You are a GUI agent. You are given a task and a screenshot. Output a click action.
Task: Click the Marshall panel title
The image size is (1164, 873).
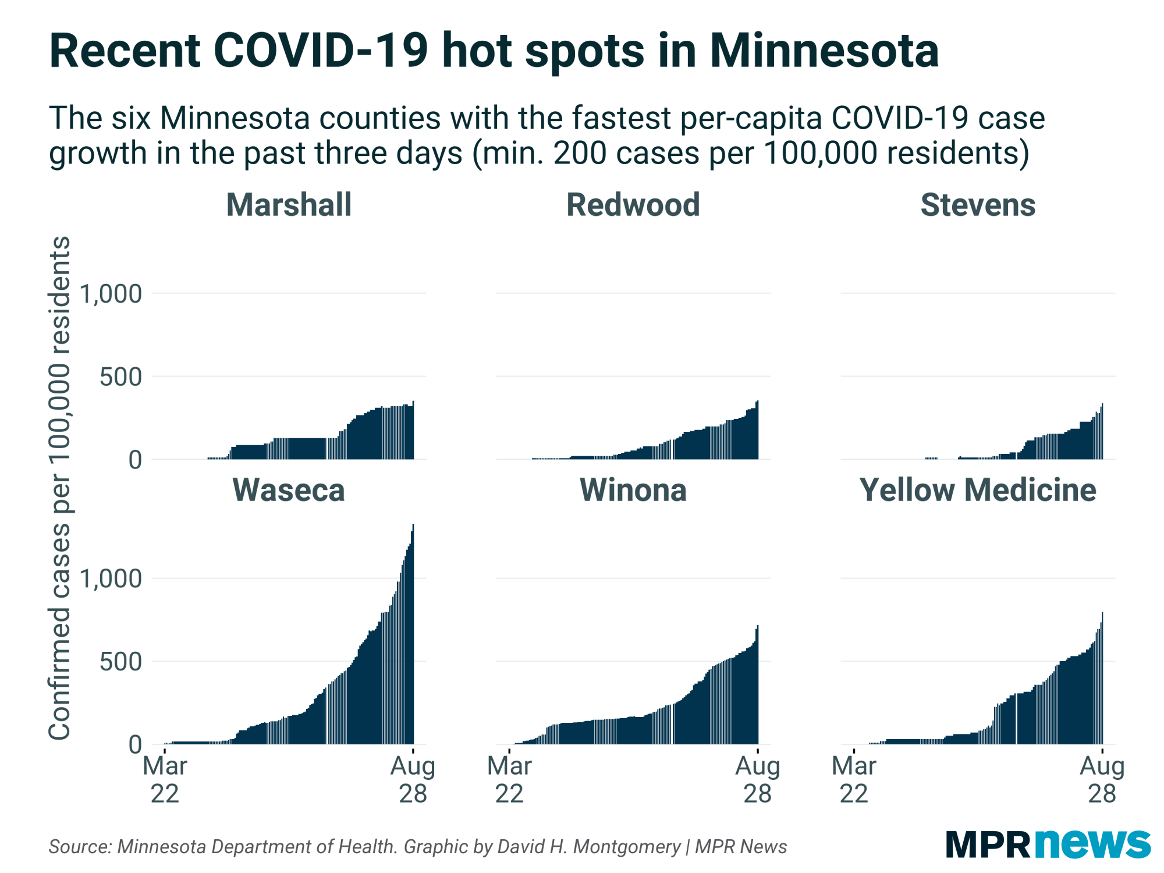289,205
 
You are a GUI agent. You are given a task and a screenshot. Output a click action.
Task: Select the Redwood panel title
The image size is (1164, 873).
633,205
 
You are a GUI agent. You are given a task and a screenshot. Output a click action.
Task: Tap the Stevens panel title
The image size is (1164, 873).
978,205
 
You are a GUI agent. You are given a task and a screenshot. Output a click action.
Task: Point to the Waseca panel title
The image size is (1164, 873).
289,489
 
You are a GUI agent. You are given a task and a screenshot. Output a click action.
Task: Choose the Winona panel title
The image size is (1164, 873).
633,489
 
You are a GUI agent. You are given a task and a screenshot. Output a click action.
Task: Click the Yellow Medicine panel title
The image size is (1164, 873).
978,489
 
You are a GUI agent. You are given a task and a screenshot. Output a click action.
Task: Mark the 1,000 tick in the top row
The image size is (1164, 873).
111,294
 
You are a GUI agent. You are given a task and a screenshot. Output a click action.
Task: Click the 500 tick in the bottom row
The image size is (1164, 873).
120,662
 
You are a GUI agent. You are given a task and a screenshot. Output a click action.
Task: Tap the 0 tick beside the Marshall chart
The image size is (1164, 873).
135,460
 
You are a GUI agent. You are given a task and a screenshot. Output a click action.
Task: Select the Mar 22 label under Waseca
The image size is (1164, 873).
165,779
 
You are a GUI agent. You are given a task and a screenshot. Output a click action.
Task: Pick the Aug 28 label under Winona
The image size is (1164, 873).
757,779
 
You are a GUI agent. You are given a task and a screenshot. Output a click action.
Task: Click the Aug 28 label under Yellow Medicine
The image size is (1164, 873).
1102,779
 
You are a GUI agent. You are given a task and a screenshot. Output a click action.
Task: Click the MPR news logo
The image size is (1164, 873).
1048,844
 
